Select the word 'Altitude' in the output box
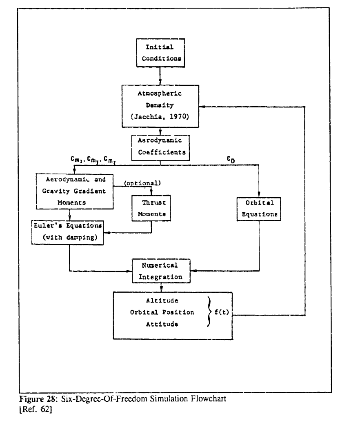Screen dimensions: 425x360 (160, 302)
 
